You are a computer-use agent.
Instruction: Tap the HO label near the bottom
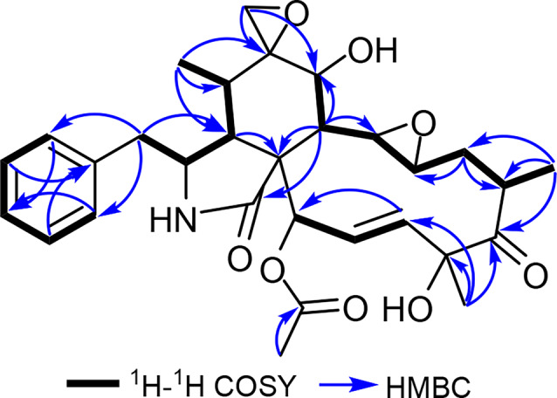pos(405,307)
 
